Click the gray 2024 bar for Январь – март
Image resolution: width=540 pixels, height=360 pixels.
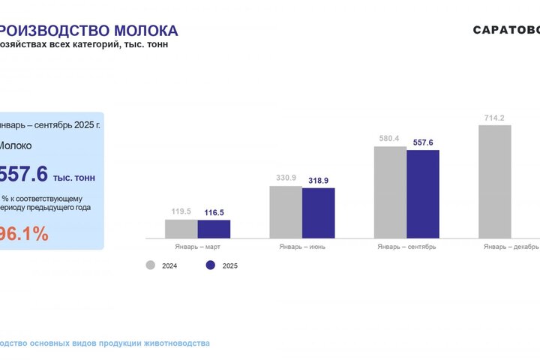tap(181, 229)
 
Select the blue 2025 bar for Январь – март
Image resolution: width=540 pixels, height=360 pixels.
tap(214, 229)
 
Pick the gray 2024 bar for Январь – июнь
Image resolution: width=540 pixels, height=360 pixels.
tap(286, 211)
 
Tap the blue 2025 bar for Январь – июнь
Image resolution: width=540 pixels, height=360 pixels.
tap(318, 213)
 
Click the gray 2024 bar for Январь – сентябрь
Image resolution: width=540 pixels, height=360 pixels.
tap(390, 192)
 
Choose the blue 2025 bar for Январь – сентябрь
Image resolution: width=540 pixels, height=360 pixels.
tap(422, 194)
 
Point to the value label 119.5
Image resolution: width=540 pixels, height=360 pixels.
tap(181, 211)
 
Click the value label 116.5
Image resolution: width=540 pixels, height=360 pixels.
tap(214, 213)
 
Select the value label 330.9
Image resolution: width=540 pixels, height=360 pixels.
tap(286, 178)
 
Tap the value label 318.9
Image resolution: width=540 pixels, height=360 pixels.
tap(319, 181)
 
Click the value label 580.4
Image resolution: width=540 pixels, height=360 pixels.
tap(390, 138)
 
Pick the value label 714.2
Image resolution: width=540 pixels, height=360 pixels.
tap(494, 118)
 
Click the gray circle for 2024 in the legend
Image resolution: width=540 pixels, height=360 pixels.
tap(150, 265)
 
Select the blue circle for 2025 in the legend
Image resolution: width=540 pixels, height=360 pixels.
tap(210, 265)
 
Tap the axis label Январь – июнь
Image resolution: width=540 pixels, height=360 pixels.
tap(301, 246)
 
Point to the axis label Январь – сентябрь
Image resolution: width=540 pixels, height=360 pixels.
tap(406, 246)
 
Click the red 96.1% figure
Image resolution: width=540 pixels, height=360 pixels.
tap(22, 234)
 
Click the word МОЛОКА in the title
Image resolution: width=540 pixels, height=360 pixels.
tap(145, 31)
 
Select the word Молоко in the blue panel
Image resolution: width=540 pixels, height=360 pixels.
tap(15, 145)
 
